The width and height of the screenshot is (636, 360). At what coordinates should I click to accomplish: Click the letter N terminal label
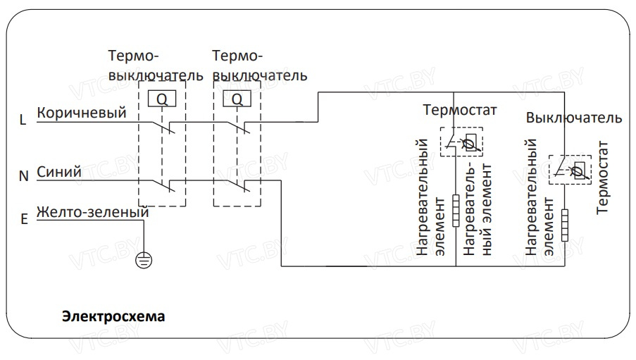(23, 177)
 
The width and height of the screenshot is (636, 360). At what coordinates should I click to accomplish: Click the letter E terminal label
(24, 219)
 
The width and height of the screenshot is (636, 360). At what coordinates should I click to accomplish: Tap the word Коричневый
(81, 113)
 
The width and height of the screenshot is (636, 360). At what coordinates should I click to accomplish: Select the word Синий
(59, 171)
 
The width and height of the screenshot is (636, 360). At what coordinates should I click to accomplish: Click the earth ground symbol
(144, 261)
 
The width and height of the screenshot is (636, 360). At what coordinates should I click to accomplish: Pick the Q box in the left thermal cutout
(162, 99)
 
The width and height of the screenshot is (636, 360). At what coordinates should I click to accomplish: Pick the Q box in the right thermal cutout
(237, 99)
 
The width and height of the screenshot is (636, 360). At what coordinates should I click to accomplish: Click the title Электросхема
(113, 316)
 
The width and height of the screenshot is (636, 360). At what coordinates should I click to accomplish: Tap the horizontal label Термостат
(460, 110)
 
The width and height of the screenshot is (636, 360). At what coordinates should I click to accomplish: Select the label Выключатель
(574, 118)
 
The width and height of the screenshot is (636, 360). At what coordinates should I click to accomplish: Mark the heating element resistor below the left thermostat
(456, 210)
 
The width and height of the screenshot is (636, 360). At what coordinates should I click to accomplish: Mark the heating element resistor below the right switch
(564, 225)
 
